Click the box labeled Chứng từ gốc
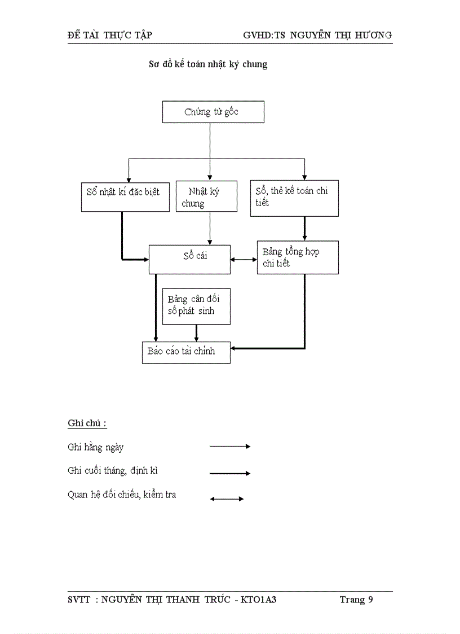click(x=213, y=112)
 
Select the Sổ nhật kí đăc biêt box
click(x=125, y=196)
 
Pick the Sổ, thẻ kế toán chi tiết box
click(x=294, y=197)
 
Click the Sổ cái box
click(x=189, y=259)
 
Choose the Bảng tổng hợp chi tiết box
click(x=297, y=257)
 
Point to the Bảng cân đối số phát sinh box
click(x=196, y=307)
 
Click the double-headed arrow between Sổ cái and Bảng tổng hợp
click(x=244, y=260)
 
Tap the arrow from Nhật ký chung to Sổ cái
click(x=210, y=228)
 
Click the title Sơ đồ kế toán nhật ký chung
click(x=207, y=64)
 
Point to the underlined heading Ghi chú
click(x=87, y=423)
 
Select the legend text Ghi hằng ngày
click(x=95, y=447)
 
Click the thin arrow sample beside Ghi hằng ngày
click(x=229, y=446)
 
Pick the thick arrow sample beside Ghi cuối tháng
click(x=229, y=473)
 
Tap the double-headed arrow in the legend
click(x=227, y=499)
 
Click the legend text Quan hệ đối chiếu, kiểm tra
click(x=122, y=495)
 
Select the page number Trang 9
click(x=356, y=600)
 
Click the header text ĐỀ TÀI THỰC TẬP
click(x=109, y=35)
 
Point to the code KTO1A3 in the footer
click(x=258, y=600)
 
